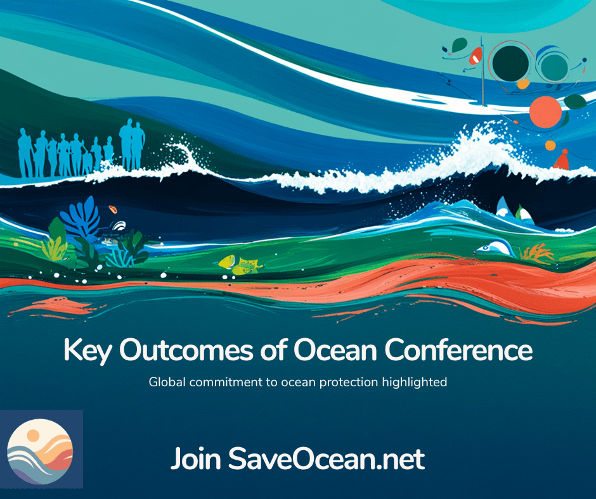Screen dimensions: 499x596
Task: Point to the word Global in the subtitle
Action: pyautogui.click(x=165, y=382)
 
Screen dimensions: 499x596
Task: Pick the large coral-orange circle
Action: pyautogui.click(x=545, y=112)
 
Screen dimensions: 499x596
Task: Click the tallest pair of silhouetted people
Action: pyautogui.click(x=132, y=144)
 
